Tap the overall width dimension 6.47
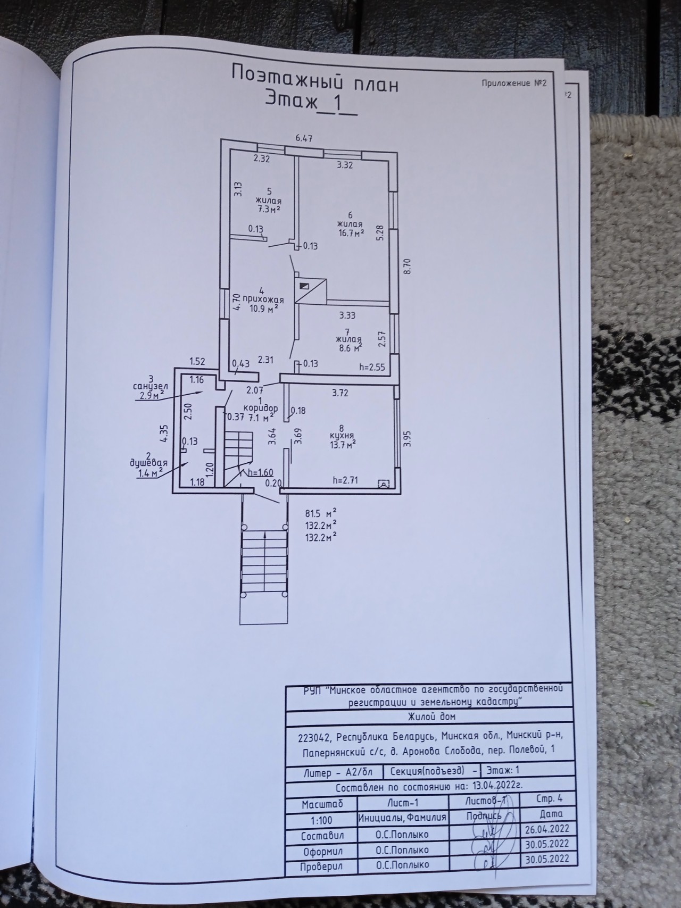click(304, 138)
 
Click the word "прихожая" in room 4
click(263, 299)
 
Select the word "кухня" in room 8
click(342, 435)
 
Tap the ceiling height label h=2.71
click(345, 480)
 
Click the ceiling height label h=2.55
click(373, 366)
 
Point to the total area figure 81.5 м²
click(321, 514)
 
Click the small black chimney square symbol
click(304, 286)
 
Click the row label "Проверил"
click(321, 866)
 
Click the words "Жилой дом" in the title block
click(431, 717)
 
